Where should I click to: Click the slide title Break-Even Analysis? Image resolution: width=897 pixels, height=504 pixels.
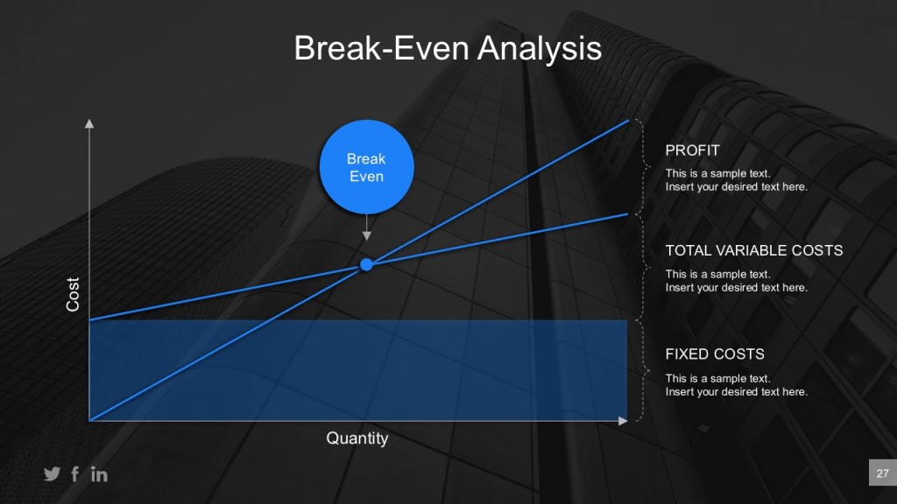[448, 48]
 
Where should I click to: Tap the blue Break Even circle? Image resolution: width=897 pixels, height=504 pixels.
[366, 167]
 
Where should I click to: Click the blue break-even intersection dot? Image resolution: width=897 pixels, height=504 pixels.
[366, 264]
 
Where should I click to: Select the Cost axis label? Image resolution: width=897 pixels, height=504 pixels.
[74, 295]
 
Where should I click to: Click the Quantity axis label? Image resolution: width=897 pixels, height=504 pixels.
[357, 438]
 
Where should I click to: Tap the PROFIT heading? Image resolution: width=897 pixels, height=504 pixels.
[692, 150]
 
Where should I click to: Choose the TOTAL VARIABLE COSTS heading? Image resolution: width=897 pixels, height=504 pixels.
[753, 250]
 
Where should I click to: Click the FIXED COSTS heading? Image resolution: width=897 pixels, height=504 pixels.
[715, 354]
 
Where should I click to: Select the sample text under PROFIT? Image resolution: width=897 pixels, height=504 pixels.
[736, 180]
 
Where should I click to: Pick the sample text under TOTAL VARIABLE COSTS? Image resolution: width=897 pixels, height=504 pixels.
[736, 281]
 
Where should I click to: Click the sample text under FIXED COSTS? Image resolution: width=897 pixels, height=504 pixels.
[736, 385]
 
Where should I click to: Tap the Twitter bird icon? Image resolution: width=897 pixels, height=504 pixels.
[52, 474]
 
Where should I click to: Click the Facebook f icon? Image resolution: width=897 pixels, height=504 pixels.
[75, 474]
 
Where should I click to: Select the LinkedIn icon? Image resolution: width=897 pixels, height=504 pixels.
[99, 474]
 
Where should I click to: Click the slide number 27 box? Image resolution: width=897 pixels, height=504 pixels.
[882, 474]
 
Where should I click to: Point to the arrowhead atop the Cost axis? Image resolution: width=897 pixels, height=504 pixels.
[88, 123]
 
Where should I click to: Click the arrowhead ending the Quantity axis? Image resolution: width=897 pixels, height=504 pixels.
[623, 421]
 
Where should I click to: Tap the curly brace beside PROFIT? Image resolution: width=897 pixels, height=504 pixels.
[644, 166]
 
